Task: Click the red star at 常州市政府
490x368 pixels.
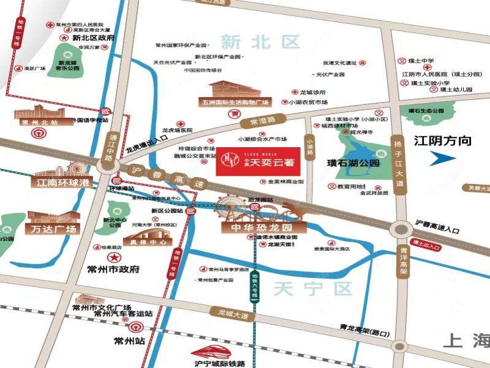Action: tap(113, 256)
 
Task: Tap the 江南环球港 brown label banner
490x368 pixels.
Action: tap(59, 182)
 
